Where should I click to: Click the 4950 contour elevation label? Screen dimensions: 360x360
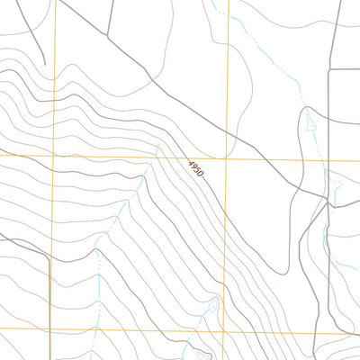[x=196, y=168]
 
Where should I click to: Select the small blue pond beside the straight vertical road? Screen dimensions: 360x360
[x=337, y=187]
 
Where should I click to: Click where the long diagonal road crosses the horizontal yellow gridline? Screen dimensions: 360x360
[x=261, y=160]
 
